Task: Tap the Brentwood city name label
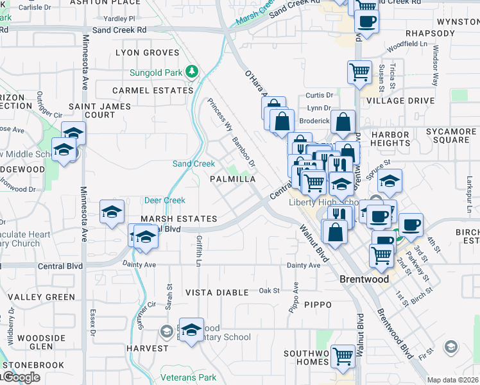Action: click(x=364, y=280)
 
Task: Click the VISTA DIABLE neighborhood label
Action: click(x=217, y=292)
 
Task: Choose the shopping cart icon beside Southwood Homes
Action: click(x=343, y=354)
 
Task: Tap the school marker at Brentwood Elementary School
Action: click(x=191, y=329)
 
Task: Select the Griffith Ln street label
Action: click(x=198, y=250)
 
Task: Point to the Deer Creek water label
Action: click(x=165, y=200)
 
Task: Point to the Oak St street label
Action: click(x=269, y=291)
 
